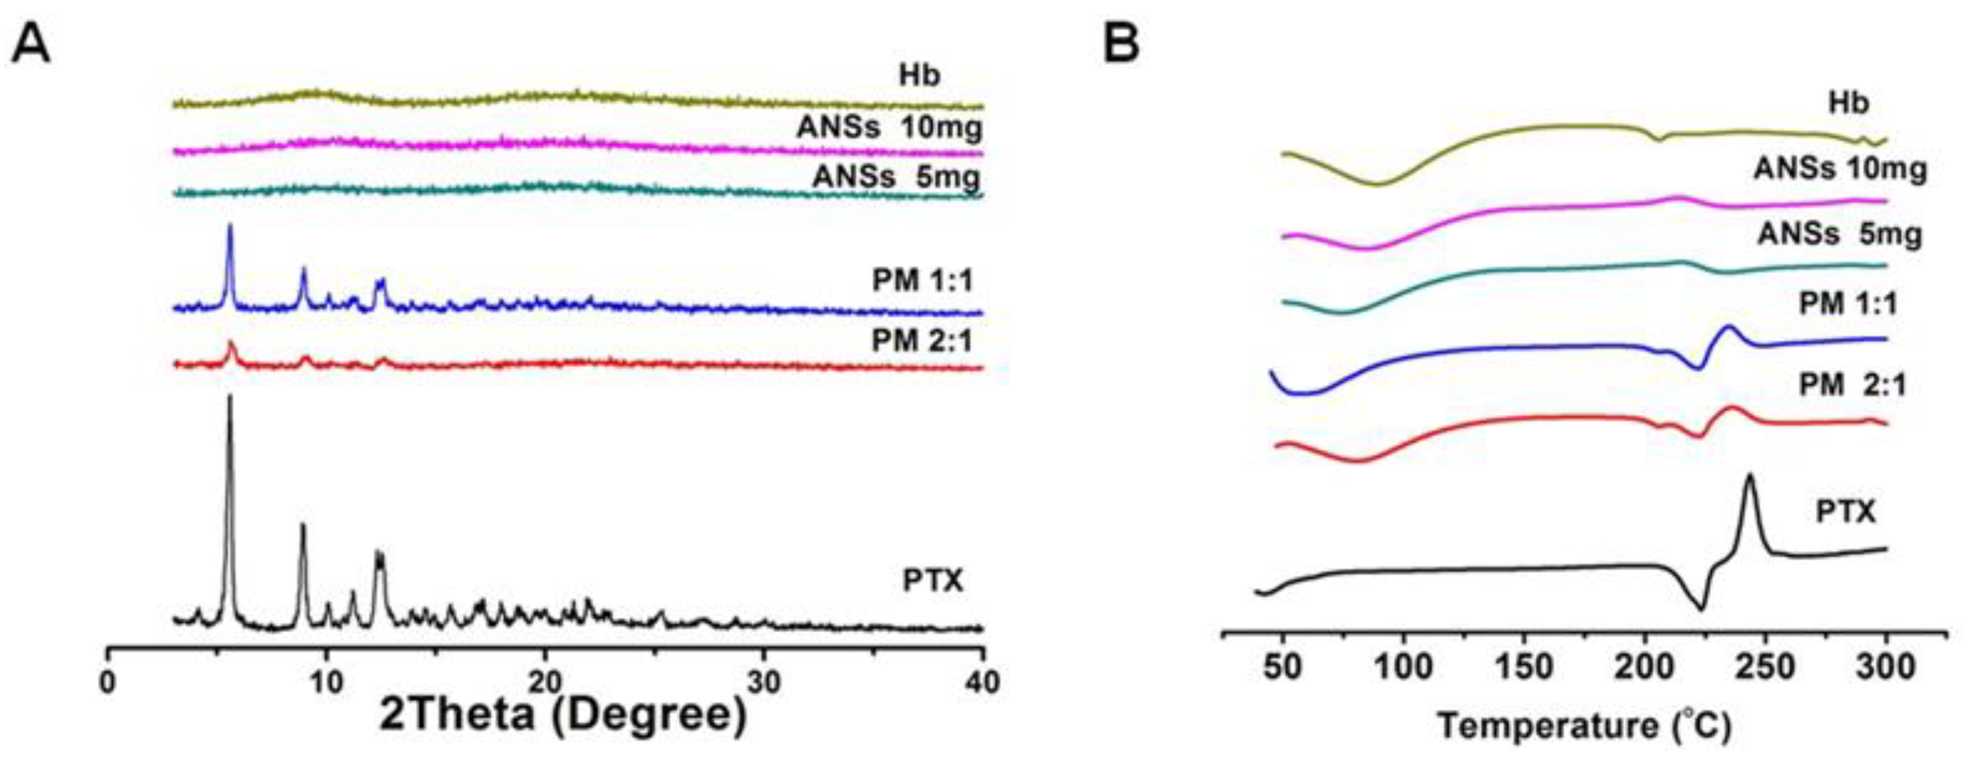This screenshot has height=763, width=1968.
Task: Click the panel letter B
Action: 1122,44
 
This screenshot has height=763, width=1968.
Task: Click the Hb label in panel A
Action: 919,76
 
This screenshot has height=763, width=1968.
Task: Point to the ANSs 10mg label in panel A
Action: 889,128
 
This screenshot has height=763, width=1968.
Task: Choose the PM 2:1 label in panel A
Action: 922,341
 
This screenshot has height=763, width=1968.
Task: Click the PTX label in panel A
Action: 933,581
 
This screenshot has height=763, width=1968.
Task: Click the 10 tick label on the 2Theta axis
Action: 326,682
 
